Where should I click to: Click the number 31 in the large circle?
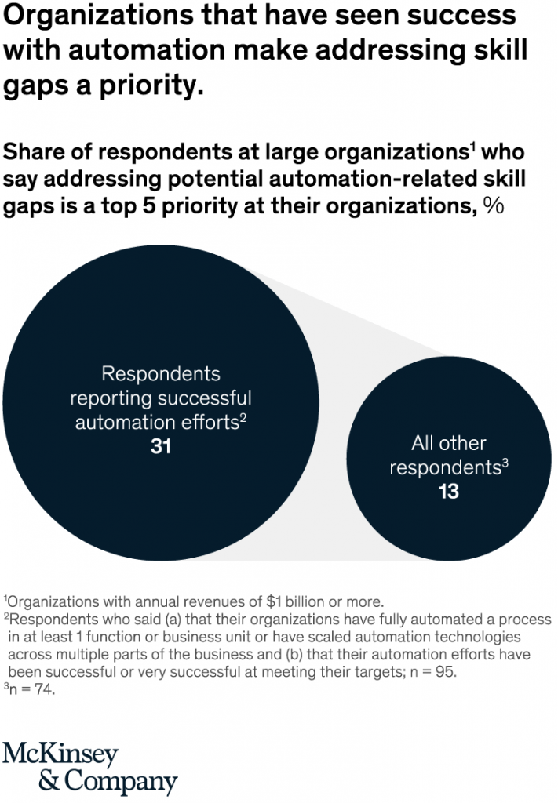(x=160, y=447)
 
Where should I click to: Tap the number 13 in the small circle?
(x=448, y=492)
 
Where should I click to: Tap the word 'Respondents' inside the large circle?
(x=161, y=373)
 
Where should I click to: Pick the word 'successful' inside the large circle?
(x=205, y=398)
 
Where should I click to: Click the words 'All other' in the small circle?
(x=448, y=443)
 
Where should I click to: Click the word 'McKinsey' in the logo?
(x=60, y=754)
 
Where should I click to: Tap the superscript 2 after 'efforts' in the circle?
(x=243, y=416)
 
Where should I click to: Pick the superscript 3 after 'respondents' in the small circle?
(x=506, y=463)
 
